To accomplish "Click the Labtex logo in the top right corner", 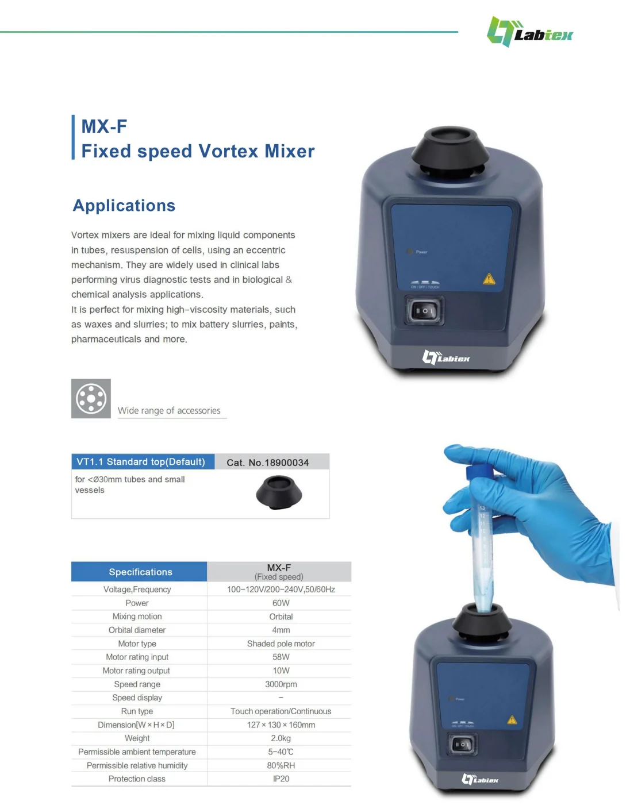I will coord(529,32).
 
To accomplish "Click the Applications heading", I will coord(124,206).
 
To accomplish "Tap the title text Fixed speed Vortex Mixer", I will coord(198,151).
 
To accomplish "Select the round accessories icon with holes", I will coord(91,398).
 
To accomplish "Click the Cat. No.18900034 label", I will coord(267,463).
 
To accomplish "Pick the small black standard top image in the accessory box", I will coord(279,493).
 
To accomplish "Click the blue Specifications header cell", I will coord(140,572).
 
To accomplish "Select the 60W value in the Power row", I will coord(281,603).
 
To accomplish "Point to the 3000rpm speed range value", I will coord(281,684).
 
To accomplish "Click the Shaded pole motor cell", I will coord(281,644).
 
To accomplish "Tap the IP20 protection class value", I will coord(281,779).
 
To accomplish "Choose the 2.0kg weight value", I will coord(281,738).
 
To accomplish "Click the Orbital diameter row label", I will coord(137,630).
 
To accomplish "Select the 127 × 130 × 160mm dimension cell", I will coord(281,725).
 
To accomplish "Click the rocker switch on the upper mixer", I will coord(424,311).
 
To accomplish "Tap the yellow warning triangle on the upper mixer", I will coord(489,279).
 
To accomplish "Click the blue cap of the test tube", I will coord(477,472).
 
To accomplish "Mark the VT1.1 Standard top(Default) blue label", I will coord(142,462).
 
